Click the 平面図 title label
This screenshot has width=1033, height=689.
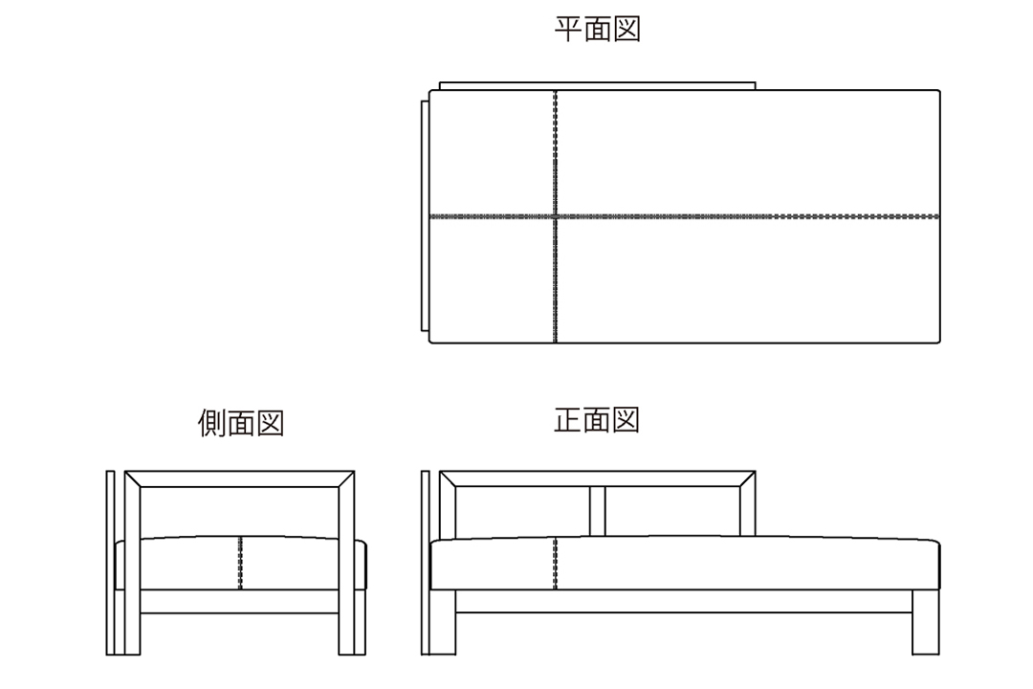[x=598, y=30]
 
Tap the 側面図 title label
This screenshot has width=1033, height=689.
[x=241, y=423]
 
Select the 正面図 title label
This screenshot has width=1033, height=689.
[x=597, y=420]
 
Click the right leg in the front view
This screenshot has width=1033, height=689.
[x=926, y=622]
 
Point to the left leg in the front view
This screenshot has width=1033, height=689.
[x=442, y=622]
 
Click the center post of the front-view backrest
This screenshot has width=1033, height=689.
[x=598, y=512]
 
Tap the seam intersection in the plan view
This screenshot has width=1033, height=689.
[x=556, y=216]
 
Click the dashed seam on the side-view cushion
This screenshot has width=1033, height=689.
[x=240, y=563]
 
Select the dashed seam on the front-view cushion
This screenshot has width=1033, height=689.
[x=556, y=563]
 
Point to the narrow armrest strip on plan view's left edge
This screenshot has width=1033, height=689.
[x=425, y=215]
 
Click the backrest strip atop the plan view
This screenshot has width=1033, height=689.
[x=598, y=86]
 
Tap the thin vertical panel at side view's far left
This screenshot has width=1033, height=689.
[x=110, y=563]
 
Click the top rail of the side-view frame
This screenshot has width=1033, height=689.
[x=240, y=478]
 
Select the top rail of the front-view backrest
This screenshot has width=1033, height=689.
[x=598, y=478]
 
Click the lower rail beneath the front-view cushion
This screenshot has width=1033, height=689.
[x=684, y=601]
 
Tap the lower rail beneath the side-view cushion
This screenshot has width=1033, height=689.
[x=240, y=601]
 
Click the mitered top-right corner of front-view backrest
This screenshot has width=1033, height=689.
[x=748, y=478]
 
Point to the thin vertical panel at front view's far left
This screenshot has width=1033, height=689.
[x=425, y=563]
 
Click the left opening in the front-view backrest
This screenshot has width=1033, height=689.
[x=522, y=512]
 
